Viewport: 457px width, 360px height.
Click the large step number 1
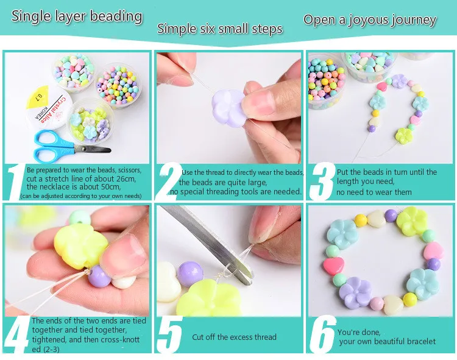[15, 183]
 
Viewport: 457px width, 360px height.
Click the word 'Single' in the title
[31, 16]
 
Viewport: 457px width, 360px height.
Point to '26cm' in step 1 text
[125, 178]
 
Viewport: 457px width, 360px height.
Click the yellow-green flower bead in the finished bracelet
[412, 221]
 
